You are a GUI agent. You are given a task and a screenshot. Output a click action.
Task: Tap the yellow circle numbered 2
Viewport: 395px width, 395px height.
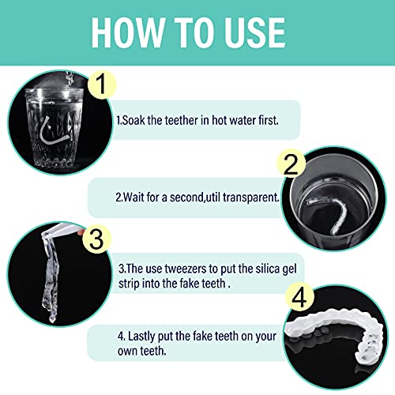point(290,164)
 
